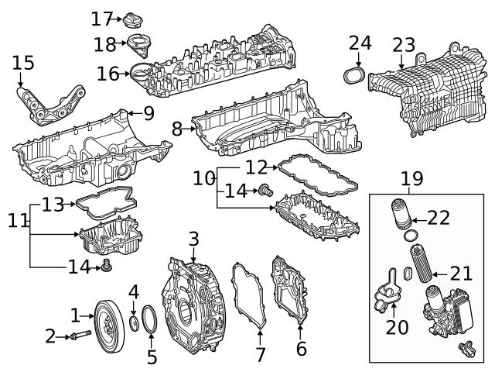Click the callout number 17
coord(101,18)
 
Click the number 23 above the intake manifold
coord(403,45)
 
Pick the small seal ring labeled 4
coord(135,322)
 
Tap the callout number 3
coord(193,239)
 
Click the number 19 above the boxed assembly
coord(411,180)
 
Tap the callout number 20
coord(397,327)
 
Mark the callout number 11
coord(18,220)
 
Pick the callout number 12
coord(256,167)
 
